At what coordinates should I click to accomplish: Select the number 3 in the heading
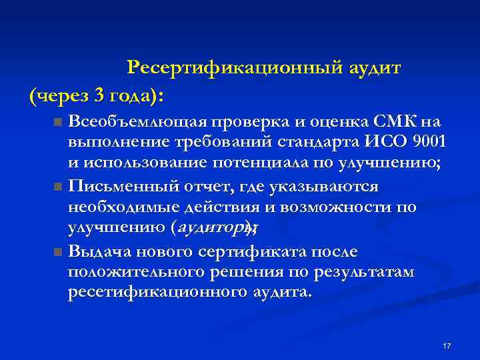[x=99, y=96]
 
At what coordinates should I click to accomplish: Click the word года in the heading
[x=133, y=97]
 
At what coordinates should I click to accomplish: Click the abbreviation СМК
[x=396, y=122]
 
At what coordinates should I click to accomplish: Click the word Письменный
[x=117, y=186]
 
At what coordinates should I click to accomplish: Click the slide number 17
[x=447, y=346]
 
